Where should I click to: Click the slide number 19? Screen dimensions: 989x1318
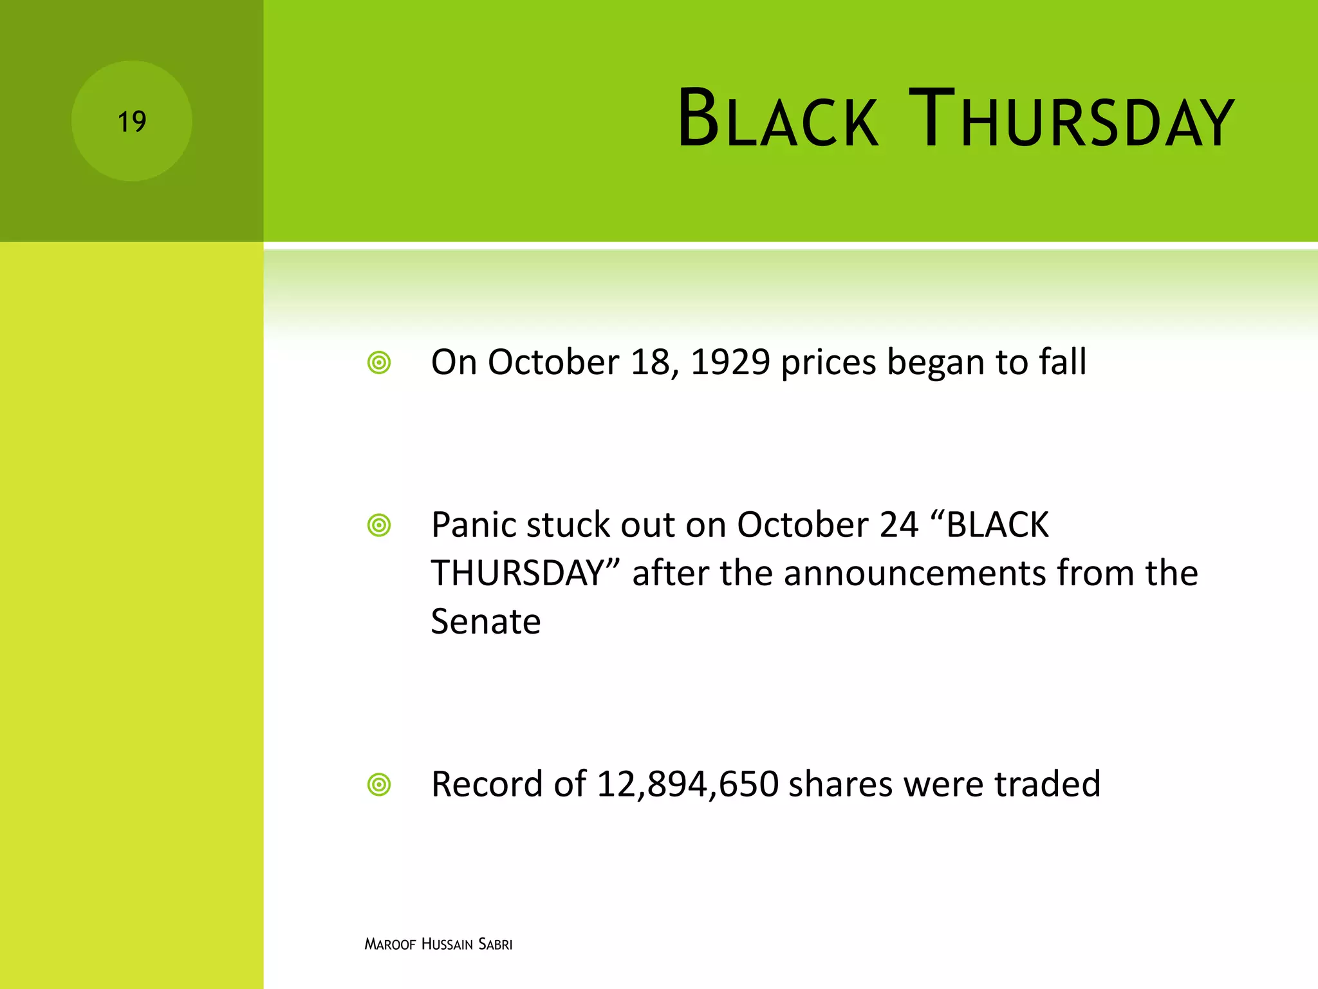pos(132,122)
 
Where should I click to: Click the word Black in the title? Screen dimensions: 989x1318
pos(777,120)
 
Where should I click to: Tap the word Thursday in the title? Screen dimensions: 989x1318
pos(1071,120)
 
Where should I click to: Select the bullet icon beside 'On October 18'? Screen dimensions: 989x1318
pos(379,363)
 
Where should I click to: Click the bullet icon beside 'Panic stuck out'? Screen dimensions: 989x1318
pos(379,525)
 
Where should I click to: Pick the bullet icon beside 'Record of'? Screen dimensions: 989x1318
pos(379,785)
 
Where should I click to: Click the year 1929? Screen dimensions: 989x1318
pos(730,363)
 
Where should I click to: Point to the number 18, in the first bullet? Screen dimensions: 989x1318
pos(654,363)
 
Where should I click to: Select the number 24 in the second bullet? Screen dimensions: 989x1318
pos(898,525)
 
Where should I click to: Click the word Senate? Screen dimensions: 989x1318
pos(485,622)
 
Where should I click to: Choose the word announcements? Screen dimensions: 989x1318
pos(914,573)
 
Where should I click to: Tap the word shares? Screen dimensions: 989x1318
pos(840,784)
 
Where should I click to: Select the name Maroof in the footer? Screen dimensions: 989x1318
pos(390,945)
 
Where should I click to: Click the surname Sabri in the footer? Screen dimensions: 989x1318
pos(496,945)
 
